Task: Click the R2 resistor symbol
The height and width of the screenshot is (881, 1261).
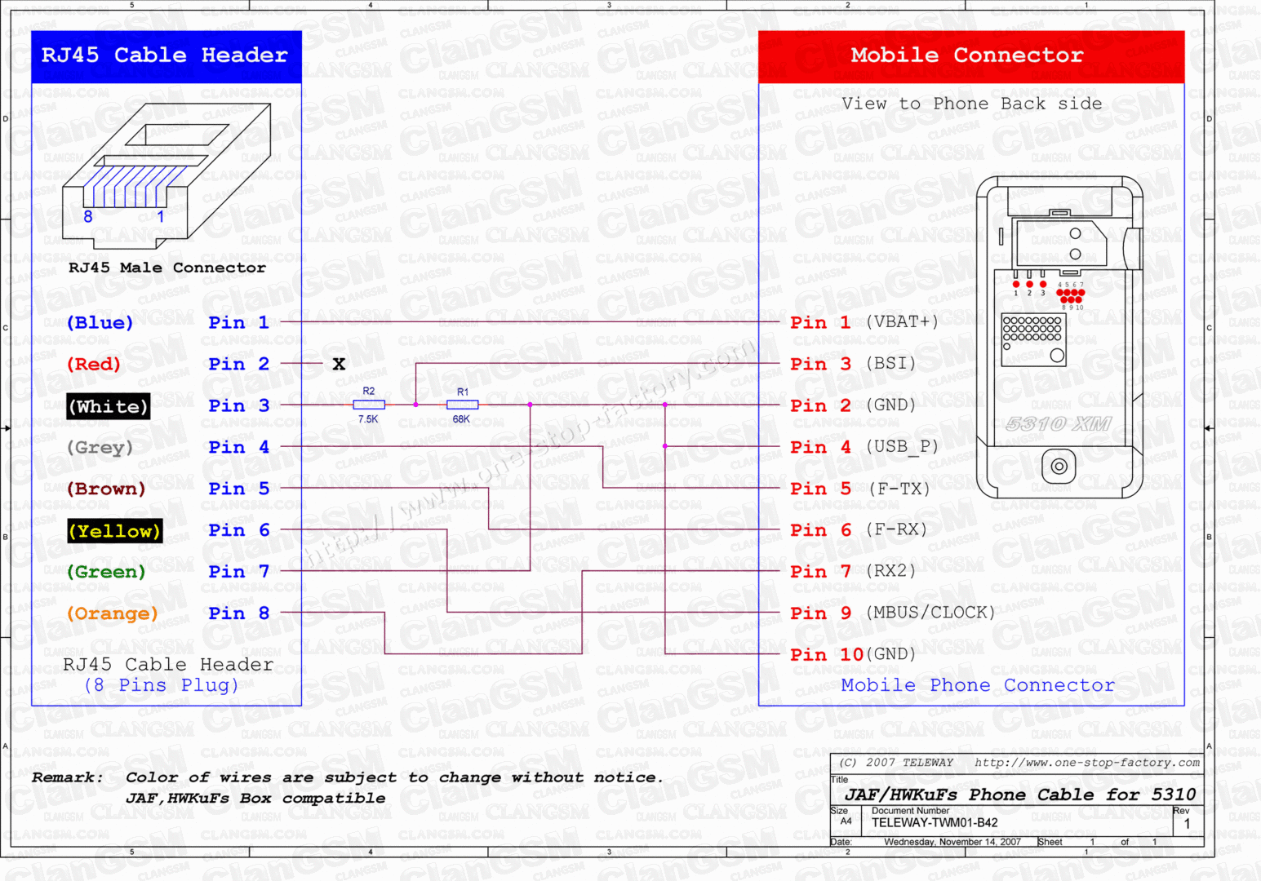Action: click(369, 405)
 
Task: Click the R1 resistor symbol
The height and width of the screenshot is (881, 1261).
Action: click(462, 405)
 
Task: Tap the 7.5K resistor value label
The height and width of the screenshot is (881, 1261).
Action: click(368, 419)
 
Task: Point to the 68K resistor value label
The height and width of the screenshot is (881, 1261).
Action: click(461, 419)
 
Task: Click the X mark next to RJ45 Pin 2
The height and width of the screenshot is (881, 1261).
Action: click(339, 364)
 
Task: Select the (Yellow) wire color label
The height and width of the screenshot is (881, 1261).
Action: click(114, 531)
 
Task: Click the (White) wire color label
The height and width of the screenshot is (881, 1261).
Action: click(109, 406)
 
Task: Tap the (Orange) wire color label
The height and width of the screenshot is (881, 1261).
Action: click(112, 613)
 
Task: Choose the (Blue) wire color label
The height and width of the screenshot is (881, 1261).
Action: click(100, 322)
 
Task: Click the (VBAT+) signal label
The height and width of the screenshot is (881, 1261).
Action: click(902, 321)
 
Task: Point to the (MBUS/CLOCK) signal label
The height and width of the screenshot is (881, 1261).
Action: click(930, 613)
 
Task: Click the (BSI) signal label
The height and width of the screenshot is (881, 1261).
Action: click(890, 363)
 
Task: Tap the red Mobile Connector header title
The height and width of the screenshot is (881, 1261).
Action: click(967, 55)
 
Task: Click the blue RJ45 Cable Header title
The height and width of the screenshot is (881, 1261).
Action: click(165, 55)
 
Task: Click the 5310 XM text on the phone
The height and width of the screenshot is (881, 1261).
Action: click(1059, 424)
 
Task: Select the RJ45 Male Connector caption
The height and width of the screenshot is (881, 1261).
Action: click(167, 268)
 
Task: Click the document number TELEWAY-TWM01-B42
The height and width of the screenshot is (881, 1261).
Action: click(935, 823)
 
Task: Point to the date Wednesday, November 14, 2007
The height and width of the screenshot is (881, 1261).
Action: click(952, 842)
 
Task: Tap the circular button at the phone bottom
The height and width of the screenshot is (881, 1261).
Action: click(1059, 467)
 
